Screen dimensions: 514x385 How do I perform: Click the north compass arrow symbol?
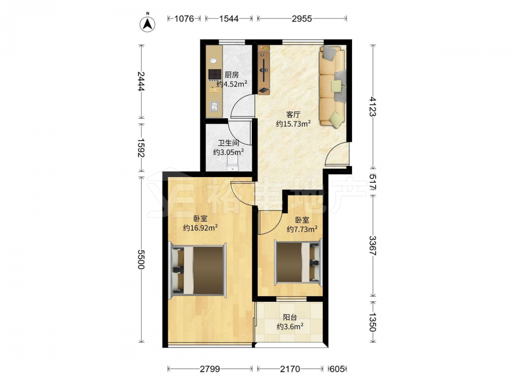[148, 23]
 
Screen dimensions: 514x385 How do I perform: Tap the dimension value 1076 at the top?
[184, 18]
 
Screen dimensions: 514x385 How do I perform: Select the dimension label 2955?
[302, 18]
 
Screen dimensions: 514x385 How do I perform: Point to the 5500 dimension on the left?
[141, 259]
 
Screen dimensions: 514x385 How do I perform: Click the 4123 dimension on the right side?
[373, 106]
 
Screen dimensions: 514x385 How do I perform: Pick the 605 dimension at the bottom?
[337, 369]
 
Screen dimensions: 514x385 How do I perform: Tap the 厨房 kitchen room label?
[231, 75]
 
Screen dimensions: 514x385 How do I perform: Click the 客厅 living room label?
[293, 114]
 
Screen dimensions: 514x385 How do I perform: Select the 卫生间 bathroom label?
[229, 143]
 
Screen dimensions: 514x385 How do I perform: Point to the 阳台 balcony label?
[290, 317]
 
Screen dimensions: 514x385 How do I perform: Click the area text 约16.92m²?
[200, 227]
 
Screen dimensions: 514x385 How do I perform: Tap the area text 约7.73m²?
[302, 229]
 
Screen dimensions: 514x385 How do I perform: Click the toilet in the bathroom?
[232, 163]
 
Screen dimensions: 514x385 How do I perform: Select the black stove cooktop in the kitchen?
[215, 74]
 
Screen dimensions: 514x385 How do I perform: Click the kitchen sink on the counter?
[214, 106]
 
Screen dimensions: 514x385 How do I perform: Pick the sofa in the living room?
[333, 86]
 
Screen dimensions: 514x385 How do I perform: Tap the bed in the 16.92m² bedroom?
[197, 271]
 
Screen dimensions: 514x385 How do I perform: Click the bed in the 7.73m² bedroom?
[298, 262]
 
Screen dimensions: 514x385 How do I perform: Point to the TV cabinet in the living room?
[264, 70]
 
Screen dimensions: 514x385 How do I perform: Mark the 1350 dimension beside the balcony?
[373, 322]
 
